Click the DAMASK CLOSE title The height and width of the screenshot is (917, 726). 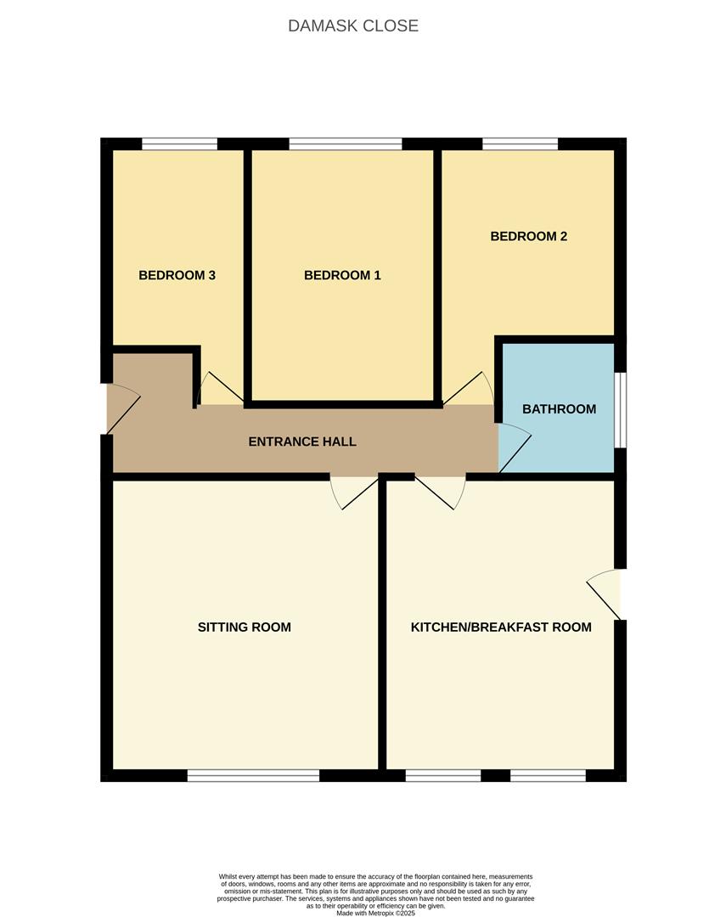353,25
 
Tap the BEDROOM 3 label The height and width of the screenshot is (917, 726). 177,275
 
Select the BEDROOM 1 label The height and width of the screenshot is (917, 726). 342,275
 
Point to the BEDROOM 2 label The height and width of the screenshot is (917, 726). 529,236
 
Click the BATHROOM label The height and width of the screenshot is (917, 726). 560,409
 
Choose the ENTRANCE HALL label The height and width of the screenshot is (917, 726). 302,442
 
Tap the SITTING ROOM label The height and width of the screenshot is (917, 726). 245,627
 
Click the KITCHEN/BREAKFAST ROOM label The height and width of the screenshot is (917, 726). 501,627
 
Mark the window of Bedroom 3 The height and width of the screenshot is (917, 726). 180,143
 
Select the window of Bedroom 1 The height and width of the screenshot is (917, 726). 346,143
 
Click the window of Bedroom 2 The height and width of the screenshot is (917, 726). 520,143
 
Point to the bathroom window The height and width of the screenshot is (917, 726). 620,410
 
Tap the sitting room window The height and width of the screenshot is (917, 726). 253,775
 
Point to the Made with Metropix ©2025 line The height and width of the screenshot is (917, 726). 375,913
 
